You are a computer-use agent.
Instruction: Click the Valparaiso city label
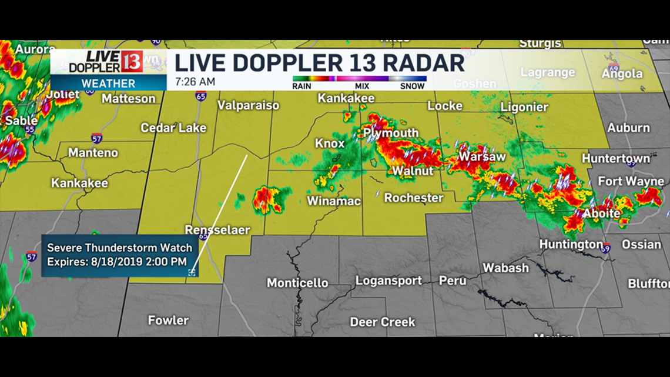coord(248,106)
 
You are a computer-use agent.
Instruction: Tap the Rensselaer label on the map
coord(217,230)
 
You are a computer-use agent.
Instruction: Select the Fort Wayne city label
coord(631,181)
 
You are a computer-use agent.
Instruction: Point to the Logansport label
coord(388,281)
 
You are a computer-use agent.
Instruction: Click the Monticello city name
coord(297,283)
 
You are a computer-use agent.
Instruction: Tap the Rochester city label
coord(414,198)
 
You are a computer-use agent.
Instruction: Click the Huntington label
coord(571,244)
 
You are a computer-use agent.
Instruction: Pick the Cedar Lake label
coord(173,128)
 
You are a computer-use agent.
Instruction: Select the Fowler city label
coord(168,321)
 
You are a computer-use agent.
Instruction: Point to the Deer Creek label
coord(383,322)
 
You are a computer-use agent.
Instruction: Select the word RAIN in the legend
coord(302,86)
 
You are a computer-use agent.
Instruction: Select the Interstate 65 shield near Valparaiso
coord(200,95)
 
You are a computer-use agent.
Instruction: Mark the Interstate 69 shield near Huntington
coord(606,248)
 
